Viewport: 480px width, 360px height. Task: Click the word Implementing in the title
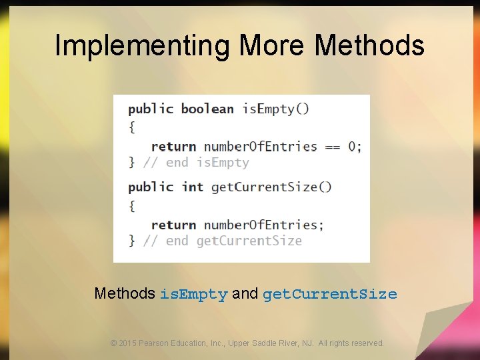142,46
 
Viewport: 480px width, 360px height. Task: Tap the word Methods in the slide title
369,46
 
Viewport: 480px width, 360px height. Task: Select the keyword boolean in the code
207,109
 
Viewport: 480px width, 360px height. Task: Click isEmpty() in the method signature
275,109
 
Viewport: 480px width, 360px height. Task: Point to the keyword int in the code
193,187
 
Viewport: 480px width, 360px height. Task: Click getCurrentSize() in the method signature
271,187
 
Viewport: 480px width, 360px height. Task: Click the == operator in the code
332,147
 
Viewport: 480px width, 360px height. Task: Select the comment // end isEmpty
196,163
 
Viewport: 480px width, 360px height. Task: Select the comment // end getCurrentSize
223,241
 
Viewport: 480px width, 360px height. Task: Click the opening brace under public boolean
131,127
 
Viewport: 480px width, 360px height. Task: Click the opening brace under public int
131,205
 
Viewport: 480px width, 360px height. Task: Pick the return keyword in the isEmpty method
173,147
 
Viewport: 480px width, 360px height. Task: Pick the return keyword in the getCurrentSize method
173,225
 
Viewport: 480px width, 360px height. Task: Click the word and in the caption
245,293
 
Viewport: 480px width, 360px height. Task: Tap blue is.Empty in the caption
193,294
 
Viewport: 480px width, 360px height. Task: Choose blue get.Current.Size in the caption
330,294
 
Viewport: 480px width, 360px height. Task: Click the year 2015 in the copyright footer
127,343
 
